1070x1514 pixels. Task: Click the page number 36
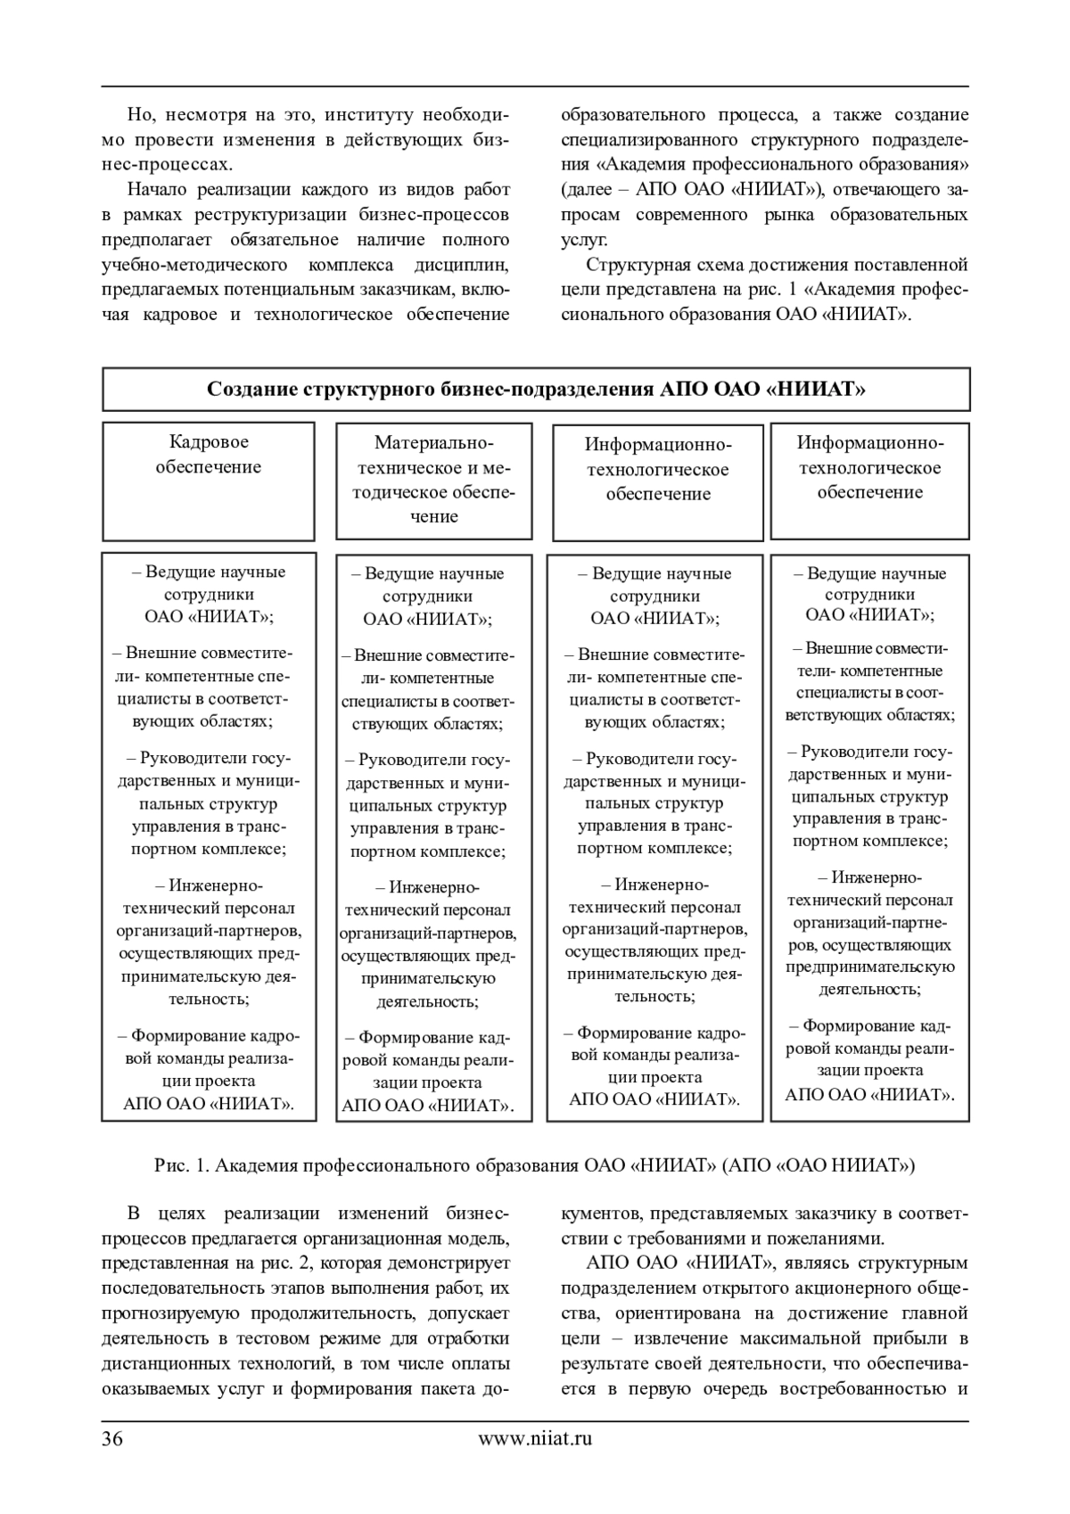112,1437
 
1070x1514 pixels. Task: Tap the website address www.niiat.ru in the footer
535,1437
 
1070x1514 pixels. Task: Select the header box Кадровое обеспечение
209,481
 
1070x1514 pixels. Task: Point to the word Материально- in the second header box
433,443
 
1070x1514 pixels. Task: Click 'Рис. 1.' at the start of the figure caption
182,1165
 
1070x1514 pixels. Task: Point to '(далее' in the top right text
584,190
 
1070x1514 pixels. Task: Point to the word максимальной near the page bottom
794,1338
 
